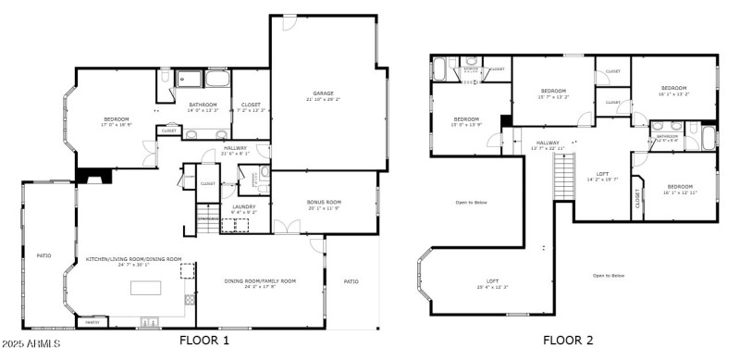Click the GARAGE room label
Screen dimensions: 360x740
point(324,94)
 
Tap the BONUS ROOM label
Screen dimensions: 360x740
point(324,203)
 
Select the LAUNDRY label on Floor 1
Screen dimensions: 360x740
point(244,208)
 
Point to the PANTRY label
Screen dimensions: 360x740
point(92,322)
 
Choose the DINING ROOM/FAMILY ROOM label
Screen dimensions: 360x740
point(260,282)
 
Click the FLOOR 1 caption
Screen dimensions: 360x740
point(203,341)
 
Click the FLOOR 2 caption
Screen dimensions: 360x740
point(568,341)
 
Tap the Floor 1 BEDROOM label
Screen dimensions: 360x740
point(117,120)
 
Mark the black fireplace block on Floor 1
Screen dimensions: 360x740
point(92,174)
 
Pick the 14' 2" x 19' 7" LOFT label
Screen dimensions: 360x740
point(601,175)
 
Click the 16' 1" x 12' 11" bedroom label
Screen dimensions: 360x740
point(680,189)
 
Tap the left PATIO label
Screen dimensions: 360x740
point(43,255)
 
